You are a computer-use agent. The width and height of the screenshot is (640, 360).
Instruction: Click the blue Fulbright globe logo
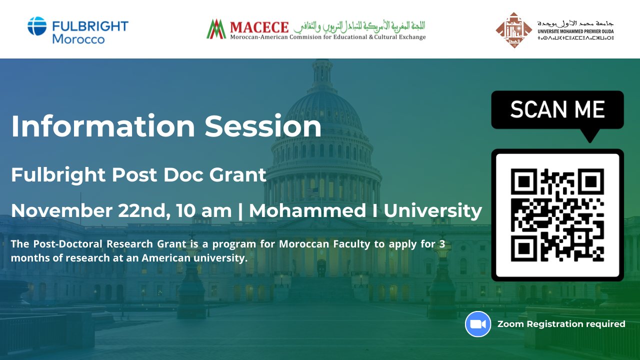37,26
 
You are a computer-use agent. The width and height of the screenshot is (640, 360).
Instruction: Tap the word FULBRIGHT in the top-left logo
90,26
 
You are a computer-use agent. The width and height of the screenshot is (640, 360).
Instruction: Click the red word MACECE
259,27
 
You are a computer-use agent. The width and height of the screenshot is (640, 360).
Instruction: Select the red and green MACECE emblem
216,29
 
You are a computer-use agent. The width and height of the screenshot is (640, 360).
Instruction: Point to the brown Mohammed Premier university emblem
514,30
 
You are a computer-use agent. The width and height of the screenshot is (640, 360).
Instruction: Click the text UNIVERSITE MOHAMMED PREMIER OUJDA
575,31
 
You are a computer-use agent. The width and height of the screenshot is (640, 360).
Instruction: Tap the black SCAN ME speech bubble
557,111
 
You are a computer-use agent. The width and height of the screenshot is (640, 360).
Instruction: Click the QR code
557,215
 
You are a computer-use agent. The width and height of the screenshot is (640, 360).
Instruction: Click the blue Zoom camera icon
478,324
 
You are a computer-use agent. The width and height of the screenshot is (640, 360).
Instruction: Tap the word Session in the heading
263,126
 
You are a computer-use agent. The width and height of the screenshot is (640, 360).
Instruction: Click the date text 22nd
142,211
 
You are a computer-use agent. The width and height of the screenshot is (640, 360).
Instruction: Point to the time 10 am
203,211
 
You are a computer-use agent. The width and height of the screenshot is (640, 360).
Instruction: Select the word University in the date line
433,211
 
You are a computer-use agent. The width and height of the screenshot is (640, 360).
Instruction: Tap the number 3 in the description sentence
442,244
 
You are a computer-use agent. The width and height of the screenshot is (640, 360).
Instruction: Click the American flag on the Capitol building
312,191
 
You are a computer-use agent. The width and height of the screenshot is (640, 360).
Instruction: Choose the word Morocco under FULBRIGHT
78,39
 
